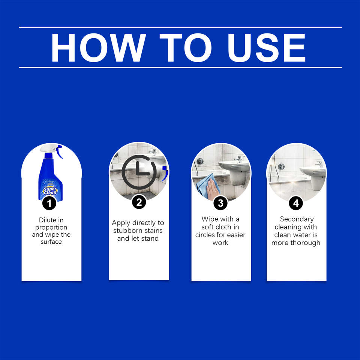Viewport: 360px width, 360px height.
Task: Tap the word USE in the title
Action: coord(267,48)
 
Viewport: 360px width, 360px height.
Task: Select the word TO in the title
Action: coord(185,48)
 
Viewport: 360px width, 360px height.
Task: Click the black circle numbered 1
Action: coord(49,203)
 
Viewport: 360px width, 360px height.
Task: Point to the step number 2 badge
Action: coord(139,202)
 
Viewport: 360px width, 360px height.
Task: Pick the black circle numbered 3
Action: coord(220,203)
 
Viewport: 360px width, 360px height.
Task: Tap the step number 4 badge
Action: coord(296,203)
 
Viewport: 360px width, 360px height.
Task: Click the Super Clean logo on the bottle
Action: coord(50,190)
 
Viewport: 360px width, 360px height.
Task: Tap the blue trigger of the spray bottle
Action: coord(60,152)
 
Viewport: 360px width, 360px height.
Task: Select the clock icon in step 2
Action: coord(139,172)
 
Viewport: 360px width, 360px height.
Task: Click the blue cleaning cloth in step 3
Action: coord(207,184)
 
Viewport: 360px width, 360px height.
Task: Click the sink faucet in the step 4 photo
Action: coord(319,164)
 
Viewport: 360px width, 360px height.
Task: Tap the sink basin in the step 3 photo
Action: coord(234,166)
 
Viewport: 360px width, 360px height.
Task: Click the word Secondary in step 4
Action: coord(297,219)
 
